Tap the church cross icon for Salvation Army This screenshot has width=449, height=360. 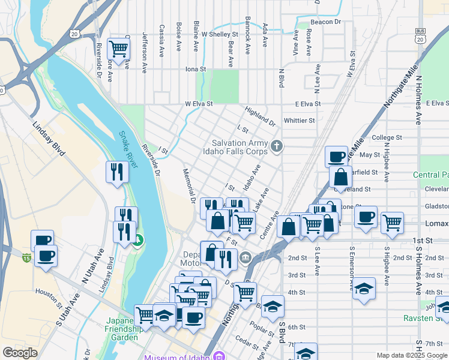[x=276, y=146]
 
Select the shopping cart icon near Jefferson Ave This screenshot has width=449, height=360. [x=118, y=48]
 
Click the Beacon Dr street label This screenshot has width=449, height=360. [x=325, y=22]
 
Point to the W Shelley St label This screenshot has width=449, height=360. [x=220, y=34]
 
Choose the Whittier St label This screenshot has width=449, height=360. [x=299, y=121]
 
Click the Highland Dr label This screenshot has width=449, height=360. [x=260, y=116]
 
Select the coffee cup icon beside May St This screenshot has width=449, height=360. [x=336, y=157]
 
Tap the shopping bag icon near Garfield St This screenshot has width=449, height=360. [x=340, y=178]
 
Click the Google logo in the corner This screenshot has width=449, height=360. [x=20, y=353]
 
